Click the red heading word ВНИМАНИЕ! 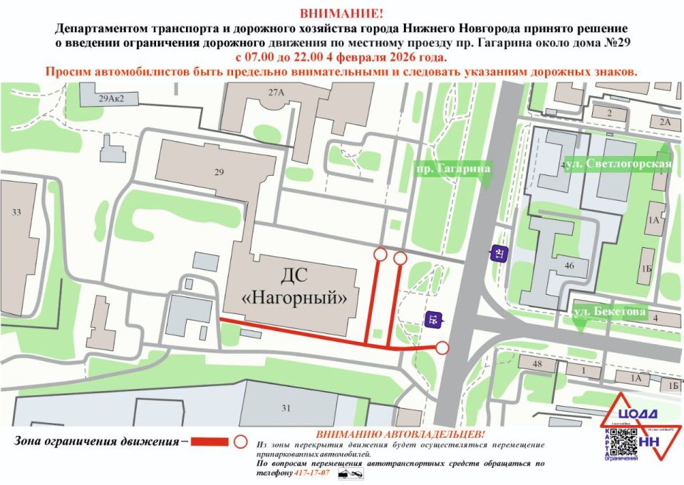341,13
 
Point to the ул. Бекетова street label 610,312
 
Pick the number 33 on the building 16,212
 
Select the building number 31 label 286,408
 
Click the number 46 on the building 569,265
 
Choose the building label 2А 665,122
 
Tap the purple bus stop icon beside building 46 498,253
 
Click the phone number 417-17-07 319,472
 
